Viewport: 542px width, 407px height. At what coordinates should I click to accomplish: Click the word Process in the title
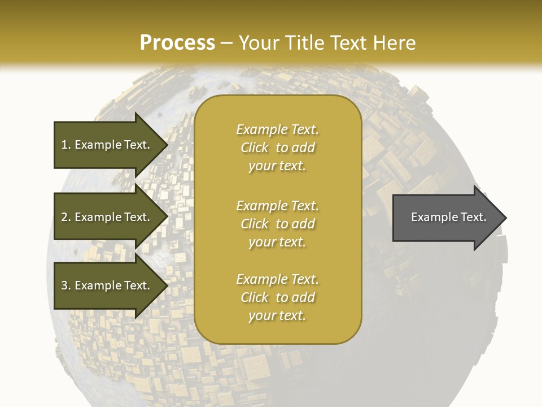[x=177, y=43]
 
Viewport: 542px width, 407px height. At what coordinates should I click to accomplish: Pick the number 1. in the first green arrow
[x=66, y=145]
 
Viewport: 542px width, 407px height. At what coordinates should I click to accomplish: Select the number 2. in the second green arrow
[x=66, y=217]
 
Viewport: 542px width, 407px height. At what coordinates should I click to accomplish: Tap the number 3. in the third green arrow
[x=66, y=285]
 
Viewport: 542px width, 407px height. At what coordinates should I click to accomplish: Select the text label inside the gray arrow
[x=448, y=217]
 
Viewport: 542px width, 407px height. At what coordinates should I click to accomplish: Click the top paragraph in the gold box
[x=277, y=148]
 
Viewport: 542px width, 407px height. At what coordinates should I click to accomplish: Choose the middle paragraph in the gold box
[x=277, y=224]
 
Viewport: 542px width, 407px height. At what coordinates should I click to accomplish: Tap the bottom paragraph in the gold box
[x=277, y=297]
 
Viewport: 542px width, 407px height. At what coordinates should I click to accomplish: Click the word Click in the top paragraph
[x=255, y=148]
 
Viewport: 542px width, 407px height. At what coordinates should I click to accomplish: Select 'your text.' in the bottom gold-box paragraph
[x=277, y=315]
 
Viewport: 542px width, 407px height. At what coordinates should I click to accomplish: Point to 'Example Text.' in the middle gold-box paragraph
[x=277, y=206]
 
